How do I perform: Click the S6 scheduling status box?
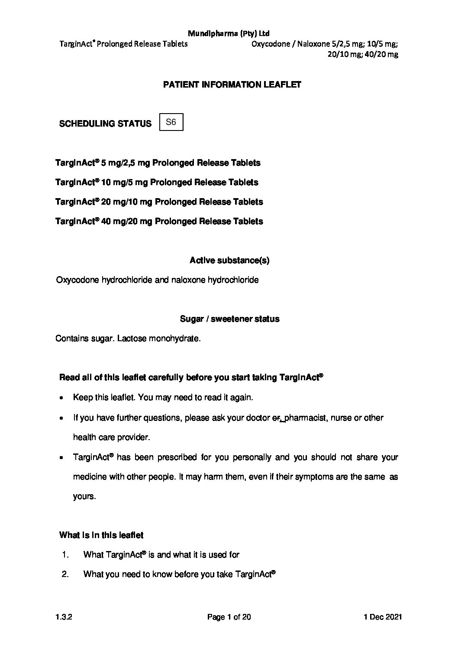point(171,122)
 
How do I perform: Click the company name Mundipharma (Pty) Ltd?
point(229,33)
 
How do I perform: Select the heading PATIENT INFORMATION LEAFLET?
point(232,85)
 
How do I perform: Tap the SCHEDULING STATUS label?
point(105,124)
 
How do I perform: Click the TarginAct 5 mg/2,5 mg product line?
point(158,163)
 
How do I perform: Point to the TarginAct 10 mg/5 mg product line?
point(157,183)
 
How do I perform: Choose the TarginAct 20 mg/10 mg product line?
point(159,202)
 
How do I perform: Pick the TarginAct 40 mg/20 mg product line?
point(159,222)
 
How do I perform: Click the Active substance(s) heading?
point(229,261)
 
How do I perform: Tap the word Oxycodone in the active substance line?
point(77,280)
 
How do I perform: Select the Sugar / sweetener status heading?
point(229,319)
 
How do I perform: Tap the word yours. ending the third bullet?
point(84,496)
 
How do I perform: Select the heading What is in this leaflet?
point(101,535)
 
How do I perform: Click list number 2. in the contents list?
point(66,574)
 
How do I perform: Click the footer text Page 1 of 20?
point(229,617)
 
